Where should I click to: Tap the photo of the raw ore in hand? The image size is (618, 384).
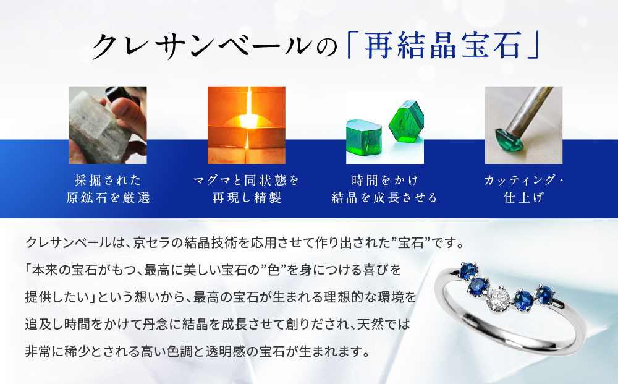99,125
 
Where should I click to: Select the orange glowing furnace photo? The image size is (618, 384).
246,125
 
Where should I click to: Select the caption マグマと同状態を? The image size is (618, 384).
246,180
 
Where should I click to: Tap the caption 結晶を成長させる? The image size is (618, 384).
384,198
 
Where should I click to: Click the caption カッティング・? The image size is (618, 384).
523,180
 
